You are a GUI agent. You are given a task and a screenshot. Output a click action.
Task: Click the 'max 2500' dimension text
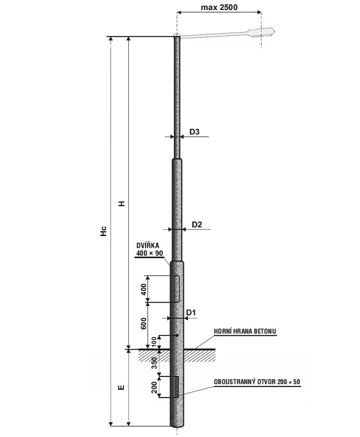(x=219, y=7)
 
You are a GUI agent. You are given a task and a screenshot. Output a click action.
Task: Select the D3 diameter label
(x=194, y=132)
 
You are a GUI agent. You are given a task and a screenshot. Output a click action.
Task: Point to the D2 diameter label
(x=197, y=224)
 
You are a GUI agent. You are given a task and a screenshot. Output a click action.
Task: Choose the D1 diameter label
(x=191, y=313)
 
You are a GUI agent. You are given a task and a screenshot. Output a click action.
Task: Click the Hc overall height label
(x=103, y=232)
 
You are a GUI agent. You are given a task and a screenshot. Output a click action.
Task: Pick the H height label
(x=122, y=203)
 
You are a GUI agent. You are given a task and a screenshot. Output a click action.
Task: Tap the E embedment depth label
(x=121, y=388)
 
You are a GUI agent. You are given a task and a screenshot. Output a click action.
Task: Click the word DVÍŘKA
(x=148, y=245)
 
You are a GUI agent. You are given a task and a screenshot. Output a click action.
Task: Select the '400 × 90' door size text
(x=149, y=253)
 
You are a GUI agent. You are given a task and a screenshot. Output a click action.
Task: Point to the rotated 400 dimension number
(x=143, y=289)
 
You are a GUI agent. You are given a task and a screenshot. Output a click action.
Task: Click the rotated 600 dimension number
(x=143, y=323)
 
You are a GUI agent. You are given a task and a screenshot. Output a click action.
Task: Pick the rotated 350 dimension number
(x=154, y=363)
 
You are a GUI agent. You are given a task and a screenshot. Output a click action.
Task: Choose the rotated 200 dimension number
(x=154, y=387)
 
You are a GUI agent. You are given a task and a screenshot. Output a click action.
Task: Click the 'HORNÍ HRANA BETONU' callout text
(x=245, y=331)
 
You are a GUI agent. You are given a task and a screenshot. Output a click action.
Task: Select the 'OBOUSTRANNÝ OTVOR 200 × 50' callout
(x=257, y=381)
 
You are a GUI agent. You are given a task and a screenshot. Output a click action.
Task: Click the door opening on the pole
(x=177, y=289)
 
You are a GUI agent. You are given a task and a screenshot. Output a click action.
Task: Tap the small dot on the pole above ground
(x=177, y=335)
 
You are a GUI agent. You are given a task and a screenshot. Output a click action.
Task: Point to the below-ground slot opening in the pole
(x=177, y=386)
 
